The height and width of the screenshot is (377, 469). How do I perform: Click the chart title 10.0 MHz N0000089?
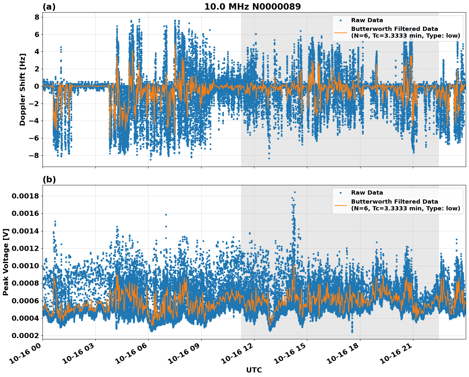(x=252, y=7)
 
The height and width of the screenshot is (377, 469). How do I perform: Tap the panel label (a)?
(x=49, y=7)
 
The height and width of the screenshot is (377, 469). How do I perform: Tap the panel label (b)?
(x=49, y=180)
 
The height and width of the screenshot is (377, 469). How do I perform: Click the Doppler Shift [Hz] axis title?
(x=23, y=89)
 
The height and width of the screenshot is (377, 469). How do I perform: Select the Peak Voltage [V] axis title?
(x=5, y=262)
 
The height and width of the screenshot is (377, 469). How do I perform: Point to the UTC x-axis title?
(x=254, y=370)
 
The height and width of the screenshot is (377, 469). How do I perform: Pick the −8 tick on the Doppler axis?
(x=34, y=155)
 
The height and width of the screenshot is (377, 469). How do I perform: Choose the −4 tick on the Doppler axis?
(x=34, y=121)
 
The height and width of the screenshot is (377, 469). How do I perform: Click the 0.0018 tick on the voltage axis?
(x=25, y=196)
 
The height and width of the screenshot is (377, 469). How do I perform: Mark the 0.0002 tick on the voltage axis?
(x=25, y=336)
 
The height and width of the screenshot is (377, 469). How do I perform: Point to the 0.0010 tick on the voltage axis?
(x=25, y=266)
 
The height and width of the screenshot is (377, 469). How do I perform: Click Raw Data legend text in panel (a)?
(x=367, y=21)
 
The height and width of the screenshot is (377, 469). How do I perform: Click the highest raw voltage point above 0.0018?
(x=294, y=192)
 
